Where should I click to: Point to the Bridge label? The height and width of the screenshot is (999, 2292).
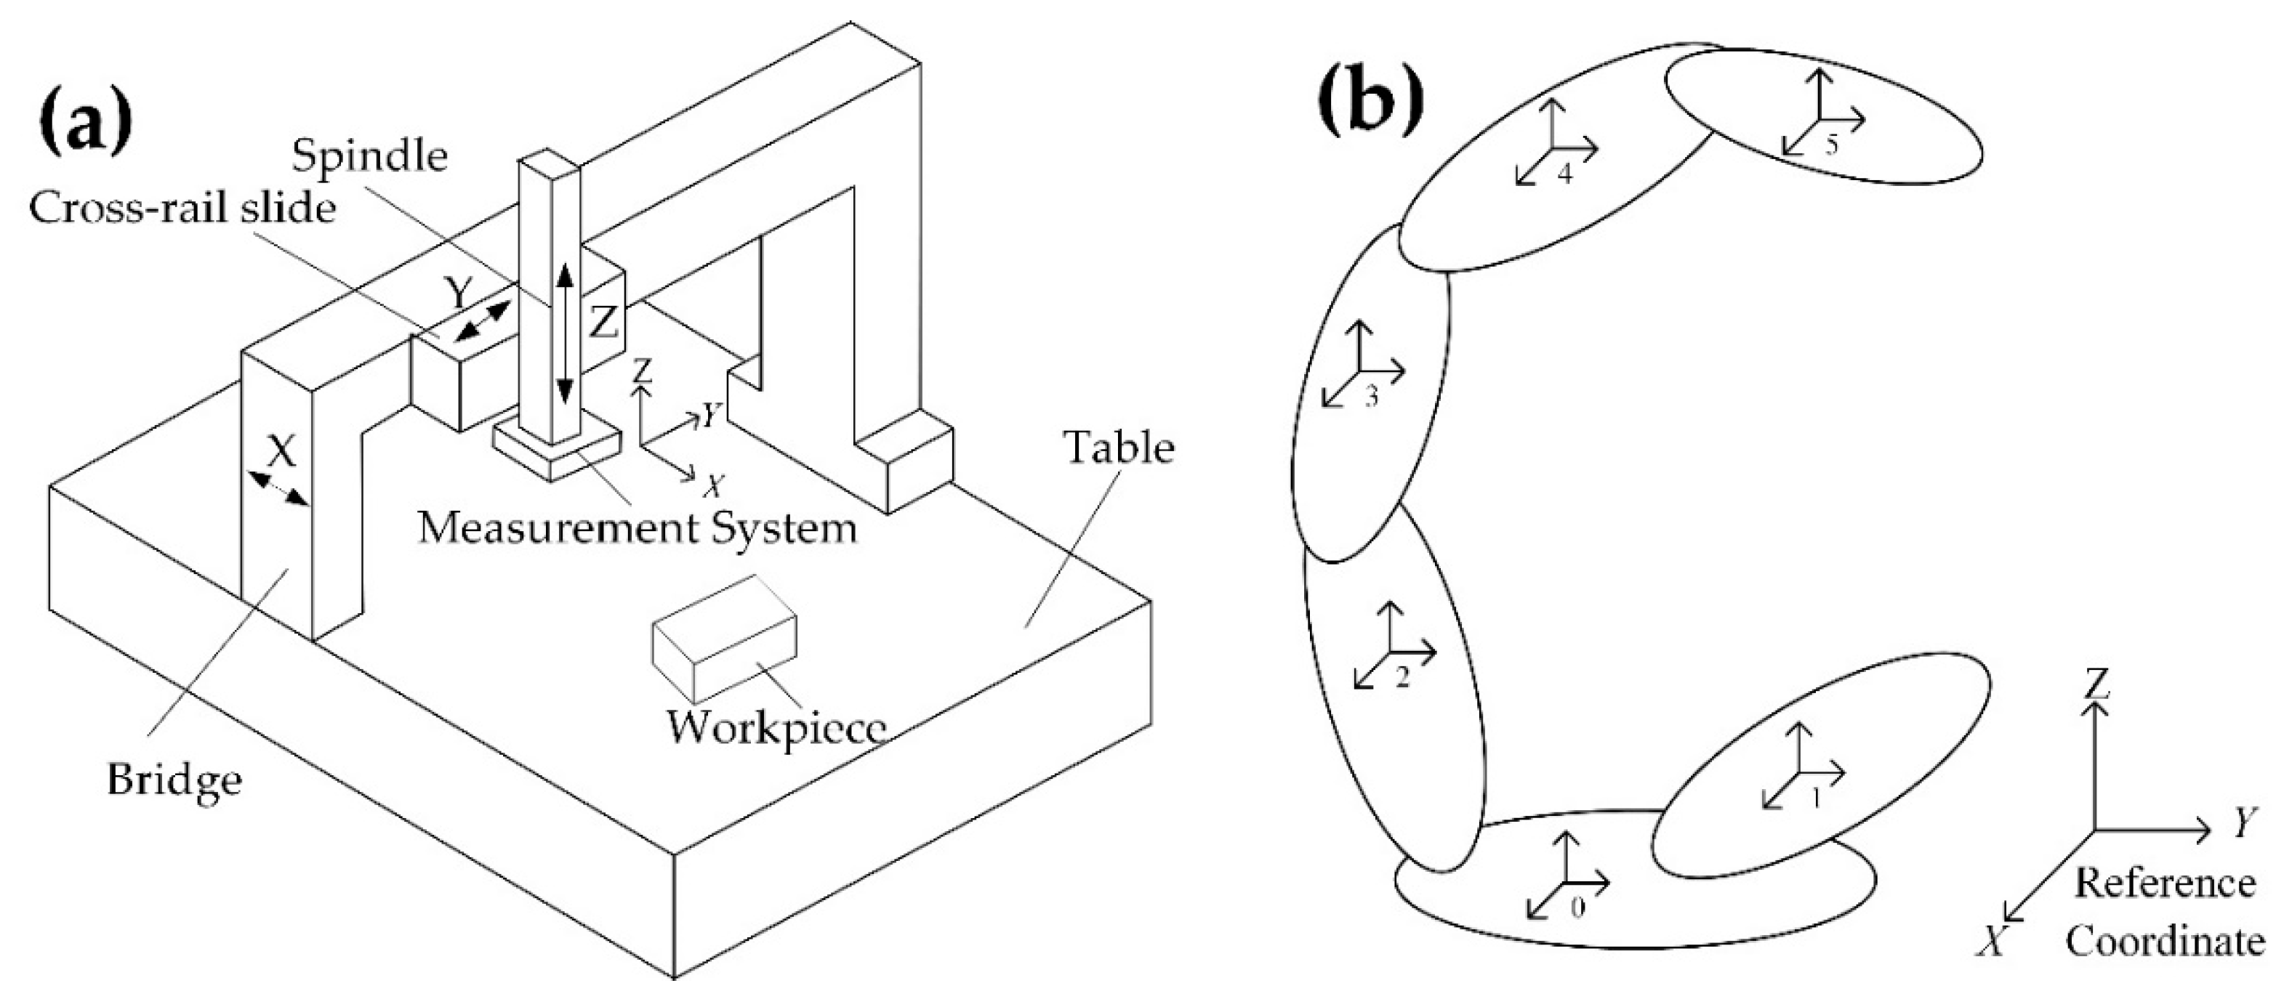(x=174, y=781)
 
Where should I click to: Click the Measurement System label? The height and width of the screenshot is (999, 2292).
(x=637, y=528)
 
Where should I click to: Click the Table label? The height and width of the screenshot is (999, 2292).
(x=1119, y=448)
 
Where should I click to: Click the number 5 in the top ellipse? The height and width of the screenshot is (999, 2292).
(x=1831, y=146)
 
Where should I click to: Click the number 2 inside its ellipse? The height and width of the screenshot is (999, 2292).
(x=1403, y=679)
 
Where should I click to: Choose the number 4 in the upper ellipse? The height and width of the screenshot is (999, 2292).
(x=1565, y=174)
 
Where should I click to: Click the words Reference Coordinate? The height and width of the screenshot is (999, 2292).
(x=2164, y=913)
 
